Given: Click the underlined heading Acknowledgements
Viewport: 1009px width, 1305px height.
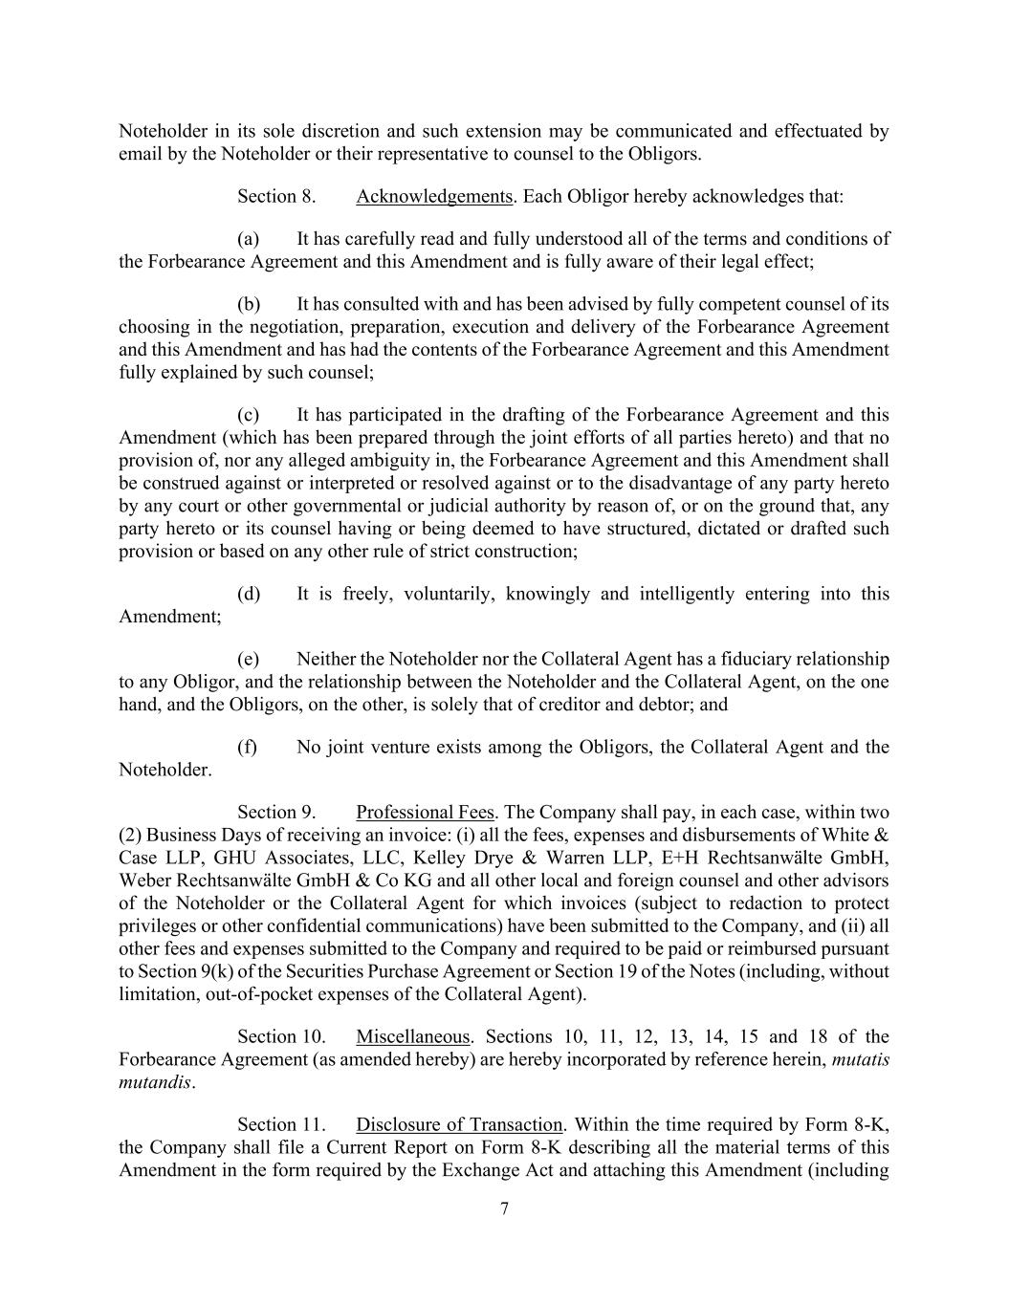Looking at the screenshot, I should pyautogui.click(x=434, y=197).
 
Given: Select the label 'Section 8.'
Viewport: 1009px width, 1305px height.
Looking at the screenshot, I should pyautogui.click(x=276, y=197).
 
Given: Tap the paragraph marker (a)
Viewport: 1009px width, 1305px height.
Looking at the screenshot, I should pyautogui.click(x=249, y=239).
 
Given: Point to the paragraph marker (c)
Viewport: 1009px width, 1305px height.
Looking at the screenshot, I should pyautogui.click(x=249, y=415).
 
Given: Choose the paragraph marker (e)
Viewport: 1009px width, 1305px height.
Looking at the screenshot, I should pyautogui.click(x=249, y=660).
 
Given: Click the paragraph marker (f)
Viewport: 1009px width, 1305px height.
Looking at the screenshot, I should pyautogui.click(x=248, y=748).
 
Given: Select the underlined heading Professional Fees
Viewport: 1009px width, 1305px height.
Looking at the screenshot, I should pyautogui.click(x=425, y=813).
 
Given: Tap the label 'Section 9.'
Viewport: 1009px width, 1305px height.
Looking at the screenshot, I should pyautogui.click(x=276, y=813).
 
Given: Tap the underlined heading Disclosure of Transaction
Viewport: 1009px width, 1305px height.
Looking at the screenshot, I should pyautogui.click(x=459, y=1125).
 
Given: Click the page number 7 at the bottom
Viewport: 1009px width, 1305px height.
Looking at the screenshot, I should pyautogui.click(x=505, y=1209).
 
